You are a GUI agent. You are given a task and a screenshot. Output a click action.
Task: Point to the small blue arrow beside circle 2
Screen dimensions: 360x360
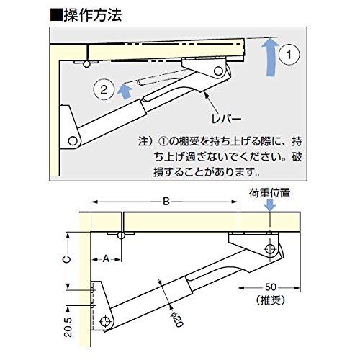[x=126, y=91]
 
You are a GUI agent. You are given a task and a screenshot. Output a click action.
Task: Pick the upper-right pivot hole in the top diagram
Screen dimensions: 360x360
[x=215, y=71]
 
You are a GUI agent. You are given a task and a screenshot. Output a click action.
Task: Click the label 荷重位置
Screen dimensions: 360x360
[x=269, y=192]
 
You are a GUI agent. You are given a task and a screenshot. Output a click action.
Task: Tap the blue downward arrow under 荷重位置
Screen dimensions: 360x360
[x=270, y=205]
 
